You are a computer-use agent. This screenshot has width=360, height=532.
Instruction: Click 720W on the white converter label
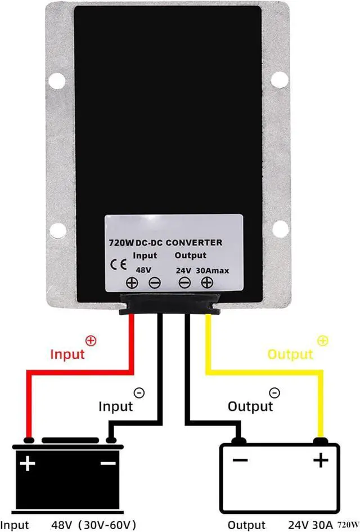point(121,243)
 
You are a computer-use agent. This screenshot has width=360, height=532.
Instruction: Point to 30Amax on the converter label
point(212,270)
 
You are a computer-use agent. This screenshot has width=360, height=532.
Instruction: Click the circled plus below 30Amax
point(206,283)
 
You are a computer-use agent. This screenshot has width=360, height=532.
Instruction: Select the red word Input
point(67,354)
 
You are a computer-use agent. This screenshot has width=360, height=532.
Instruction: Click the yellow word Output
point(290,354)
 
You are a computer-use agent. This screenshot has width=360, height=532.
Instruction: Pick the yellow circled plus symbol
point(322,340)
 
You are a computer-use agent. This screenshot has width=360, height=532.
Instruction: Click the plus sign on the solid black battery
point(27,464)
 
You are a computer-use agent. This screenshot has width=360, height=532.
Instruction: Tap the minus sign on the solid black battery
point(107,463)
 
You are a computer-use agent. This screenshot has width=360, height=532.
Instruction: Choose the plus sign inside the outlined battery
point(321,461)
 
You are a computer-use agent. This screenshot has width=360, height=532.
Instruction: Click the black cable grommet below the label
point(168,305)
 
